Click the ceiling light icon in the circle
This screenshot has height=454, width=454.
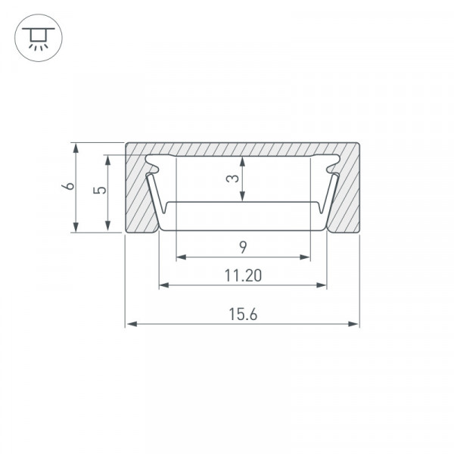39,38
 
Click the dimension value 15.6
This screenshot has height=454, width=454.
243,315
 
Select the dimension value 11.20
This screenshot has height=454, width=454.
243,275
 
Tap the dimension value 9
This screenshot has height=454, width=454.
243,247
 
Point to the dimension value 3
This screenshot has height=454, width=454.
232,179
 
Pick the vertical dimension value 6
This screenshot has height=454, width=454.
68,185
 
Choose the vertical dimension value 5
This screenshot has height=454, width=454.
100,190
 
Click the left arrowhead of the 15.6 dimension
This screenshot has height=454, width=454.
132,324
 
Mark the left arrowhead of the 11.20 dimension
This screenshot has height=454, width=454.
164,285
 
